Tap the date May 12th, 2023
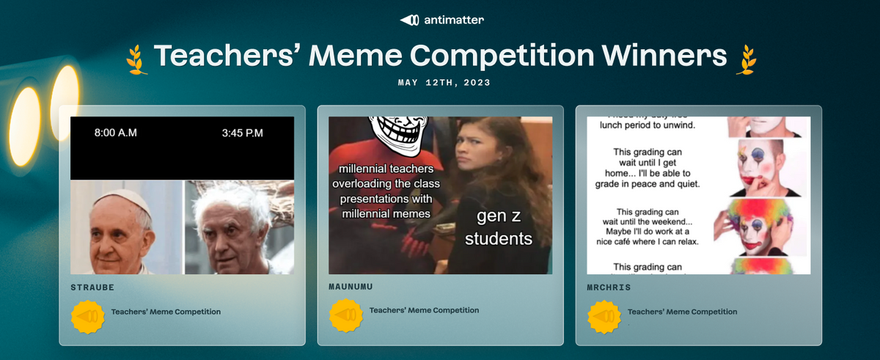pos(444,83)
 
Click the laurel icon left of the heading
pos(136,59)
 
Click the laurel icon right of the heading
pos(747,59)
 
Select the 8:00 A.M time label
pos(116,133)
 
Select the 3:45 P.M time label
pos(242,133)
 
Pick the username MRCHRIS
pos(609,287)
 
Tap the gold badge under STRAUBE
pos(88,317)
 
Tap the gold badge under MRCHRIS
pos(606,317)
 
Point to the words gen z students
pos(498,227)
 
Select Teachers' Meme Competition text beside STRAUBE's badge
pos(166,312)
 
